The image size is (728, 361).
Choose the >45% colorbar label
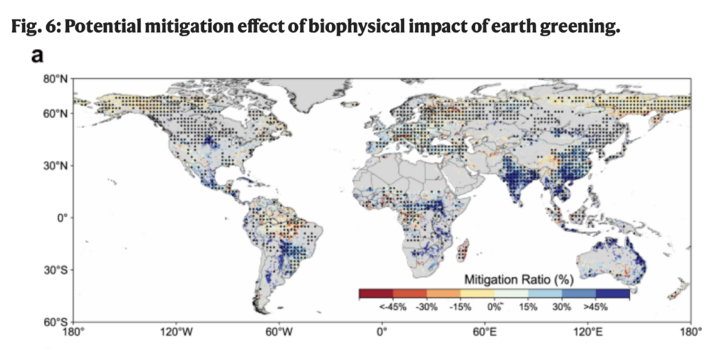click(596, 308)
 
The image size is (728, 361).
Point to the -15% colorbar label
click(459, 308)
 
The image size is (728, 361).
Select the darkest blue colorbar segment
click(613, 293)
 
